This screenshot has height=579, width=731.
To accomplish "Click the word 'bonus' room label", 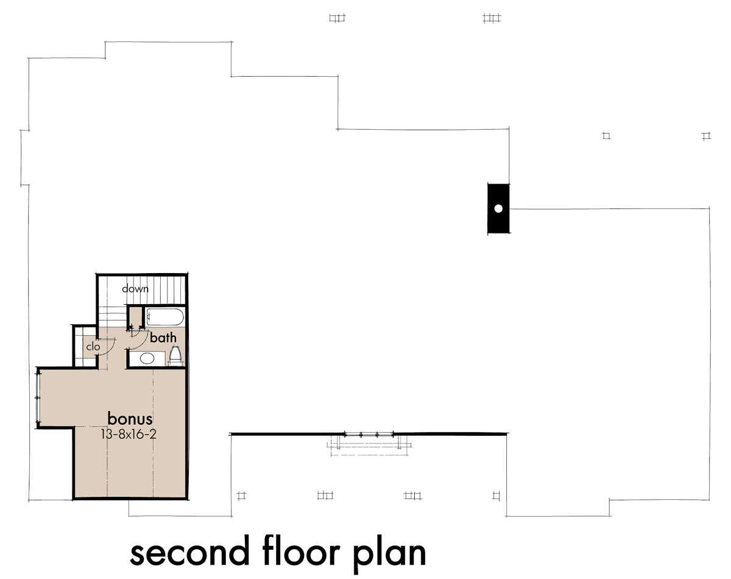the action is click(x=130, y=419).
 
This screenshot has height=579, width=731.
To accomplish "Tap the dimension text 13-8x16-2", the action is click(x=129, y=435).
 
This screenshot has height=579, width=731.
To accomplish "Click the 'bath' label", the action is click(x=163, y=338).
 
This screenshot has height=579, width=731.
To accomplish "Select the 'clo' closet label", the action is click(x=93, y=346).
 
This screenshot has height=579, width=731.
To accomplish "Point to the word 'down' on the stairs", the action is click(x=135, y=289).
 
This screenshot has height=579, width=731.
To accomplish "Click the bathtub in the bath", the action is click(x=164, y=317).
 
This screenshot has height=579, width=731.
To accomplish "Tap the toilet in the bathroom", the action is click(x=175, y=355).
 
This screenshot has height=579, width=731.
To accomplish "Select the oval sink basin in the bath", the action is click(x=147, y=359).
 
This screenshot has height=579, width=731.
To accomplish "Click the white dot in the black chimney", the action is click(x=498, y=209).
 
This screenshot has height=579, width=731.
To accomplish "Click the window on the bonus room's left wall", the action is click(x=38, y=397).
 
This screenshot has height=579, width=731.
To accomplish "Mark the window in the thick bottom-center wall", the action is click(x=369, y=434).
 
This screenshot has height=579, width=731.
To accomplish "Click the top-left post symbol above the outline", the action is click(x=337, y=18).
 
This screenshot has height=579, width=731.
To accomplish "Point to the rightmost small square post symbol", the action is click(x=706, y=137).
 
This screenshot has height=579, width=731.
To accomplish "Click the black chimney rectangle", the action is click(x=498, y=209).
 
